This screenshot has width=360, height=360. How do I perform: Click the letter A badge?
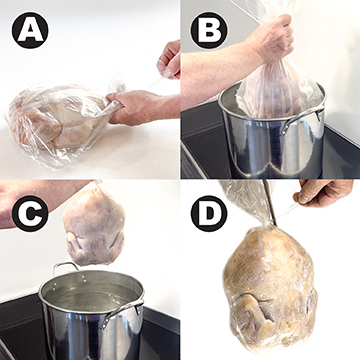tap(30, 30)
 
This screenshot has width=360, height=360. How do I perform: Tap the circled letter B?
tap(209, 30)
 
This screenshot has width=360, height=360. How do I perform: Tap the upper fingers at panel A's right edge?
tap(170, 59)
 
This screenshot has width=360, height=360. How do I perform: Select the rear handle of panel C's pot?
tap(65, 267)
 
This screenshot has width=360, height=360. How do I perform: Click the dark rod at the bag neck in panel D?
tap(269, 202)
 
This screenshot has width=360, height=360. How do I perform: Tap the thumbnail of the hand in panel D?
tap(302, 198)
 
